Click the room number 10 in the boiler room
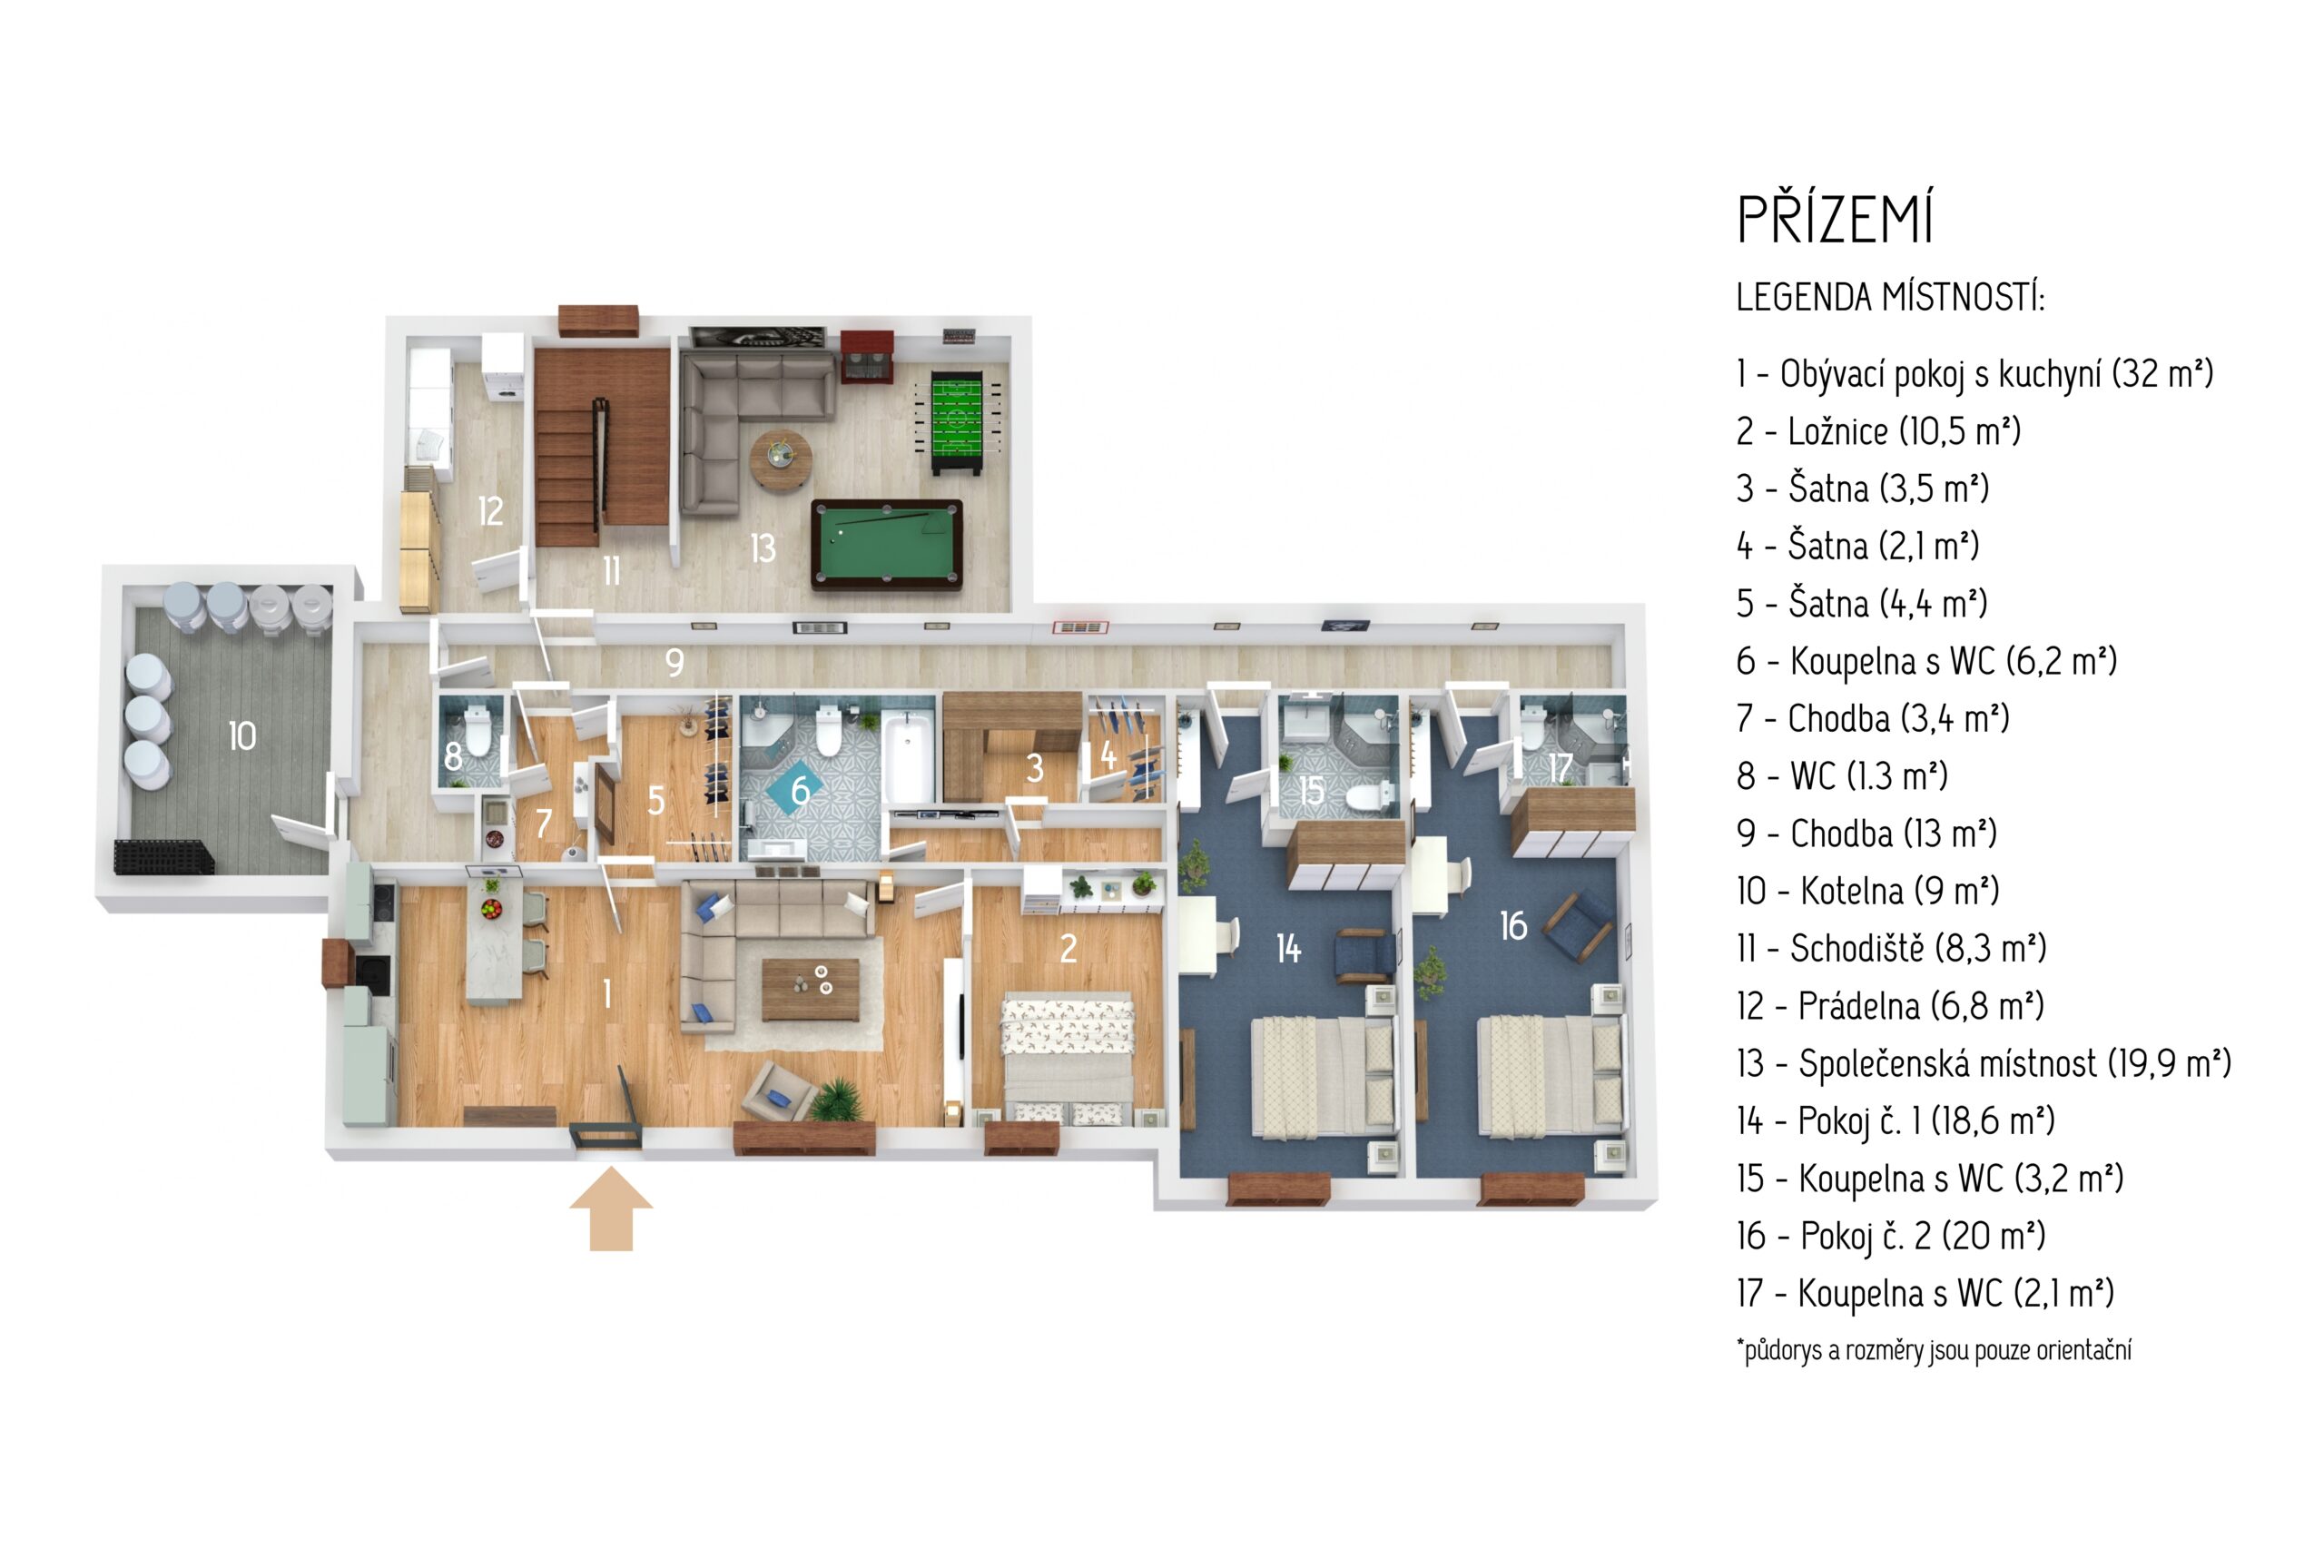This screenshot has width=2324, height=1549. coord(242,736)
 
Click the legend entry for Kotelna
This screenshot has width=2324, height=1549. coord(1866,891)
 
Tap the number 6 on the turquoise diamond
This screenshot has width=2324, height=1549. coord(799,789)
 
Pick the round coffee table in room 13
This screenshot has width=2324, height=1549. coord(780,460)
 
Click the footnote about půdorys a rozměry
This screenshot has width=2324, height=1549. coord(1933,1349)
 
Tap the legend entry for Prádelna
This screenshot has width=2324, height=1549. coord(1888,1006)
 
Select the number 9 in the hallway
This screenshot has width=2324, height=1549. coord(675,662)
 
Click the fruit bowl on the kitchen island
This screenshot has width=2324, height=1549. coord(491,907)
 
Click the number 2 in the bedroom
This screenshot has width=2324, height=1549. coord(1068,948)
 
